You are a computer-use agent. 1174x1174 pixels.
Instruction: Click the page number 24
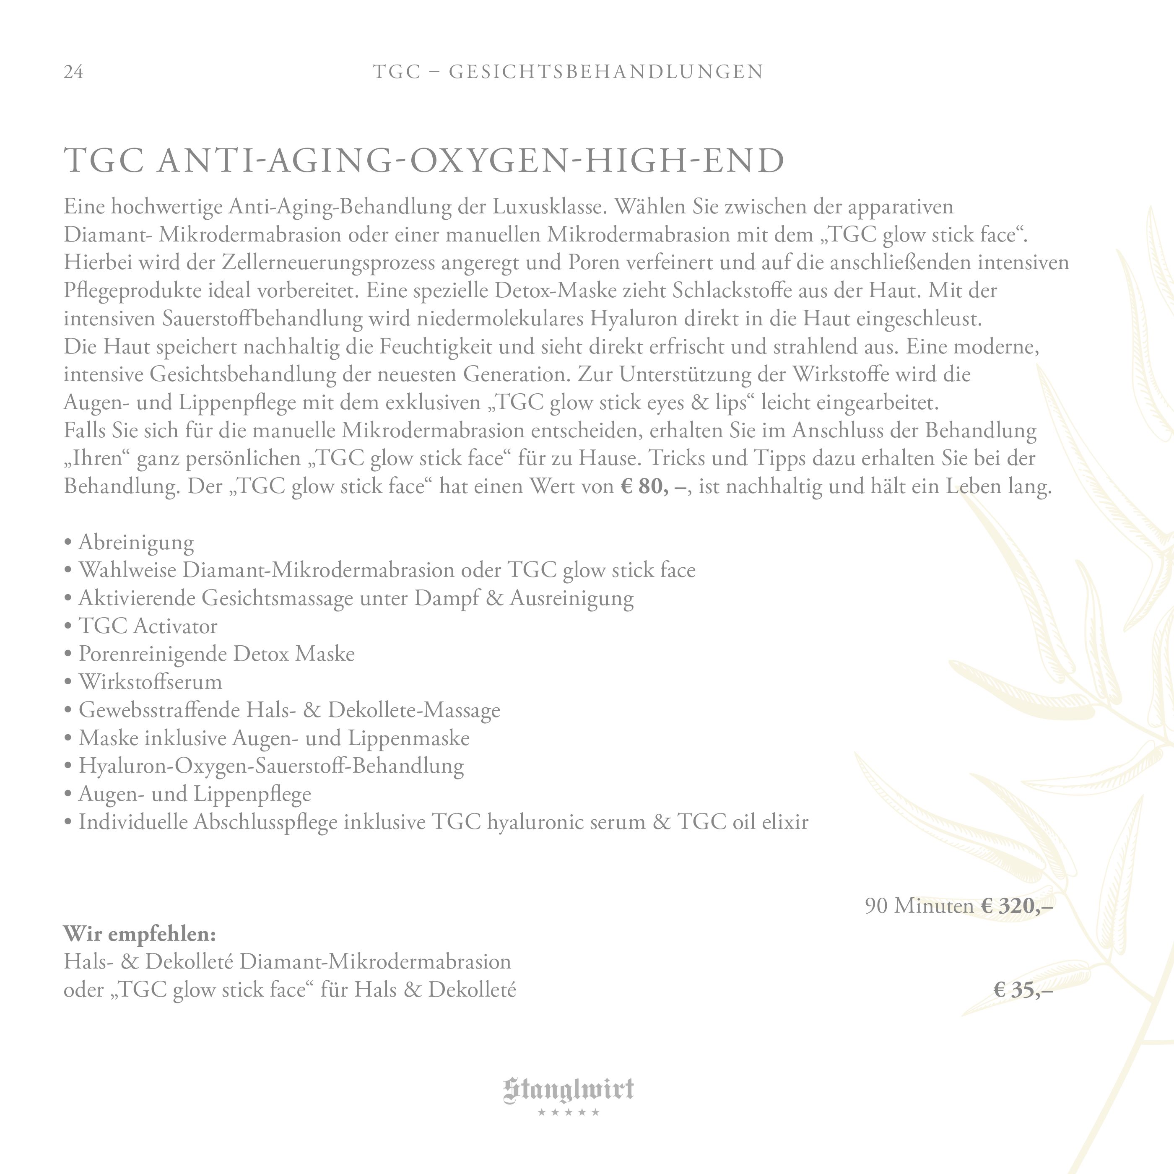click(73, 72)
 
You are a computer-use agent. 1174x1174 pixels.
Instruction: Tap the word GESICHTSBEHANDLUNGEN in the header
click(606, 72)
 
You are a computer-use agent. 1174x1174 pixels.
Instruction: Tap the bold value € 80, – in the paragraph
click(655, 487)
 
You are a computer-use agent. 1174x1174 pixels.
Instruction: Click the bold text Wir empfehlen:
click(140, 933)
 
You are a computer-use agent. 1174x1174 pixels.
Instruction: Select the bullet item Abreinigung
click(136, 542)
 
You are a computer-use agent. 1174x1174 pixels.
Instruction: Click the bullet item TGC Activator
click(148, 626)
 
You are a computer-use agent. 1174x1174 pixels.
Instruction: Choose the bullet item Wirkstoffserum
click(150, 682)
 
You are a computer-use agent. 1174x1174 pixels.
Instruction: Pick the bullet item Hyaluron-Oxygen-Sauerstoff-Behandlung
click(271, 766)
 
